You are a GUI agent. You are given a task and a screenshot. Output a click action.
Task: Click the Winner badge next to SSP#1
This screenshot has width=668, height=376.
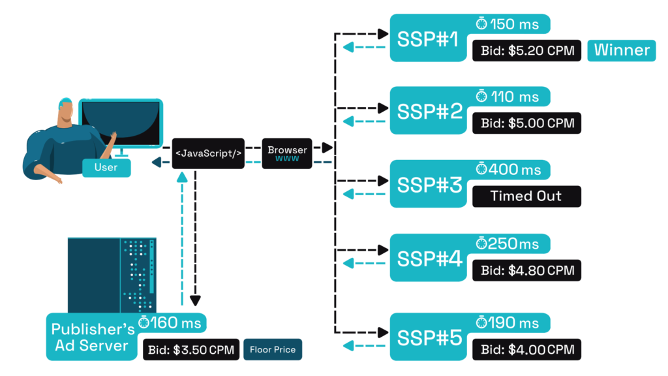coord(622,50)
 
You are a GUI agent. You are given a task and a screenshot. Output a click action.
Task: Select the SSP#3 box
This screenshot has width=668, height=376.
coord(430,185)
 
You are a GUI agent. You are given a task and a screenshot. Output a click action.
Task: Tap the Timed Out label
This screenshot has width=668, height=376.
coord(526,196)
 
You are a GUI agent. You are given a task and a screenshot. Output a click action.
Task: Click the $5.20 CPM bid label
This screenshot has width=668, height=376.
coord(527,50)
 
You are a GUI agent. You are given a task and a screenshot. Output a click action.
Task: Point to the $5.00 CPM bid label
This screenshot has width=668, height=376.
coord(527,123)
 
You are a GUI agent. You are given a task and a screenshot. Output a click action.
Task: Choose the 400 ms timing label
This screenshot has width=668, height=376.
coord(509,170)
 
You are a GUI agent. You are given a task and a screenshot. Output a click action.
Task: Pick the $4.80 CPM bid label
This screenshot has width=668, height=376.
coord(527,270)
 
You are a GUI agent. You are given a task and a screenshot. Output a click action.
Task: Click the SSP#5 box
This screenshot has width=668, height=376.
coord(430,337)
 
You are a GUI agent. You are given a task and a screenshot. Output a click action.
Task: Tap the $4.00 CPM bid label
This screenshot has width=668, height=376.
coord(527,349)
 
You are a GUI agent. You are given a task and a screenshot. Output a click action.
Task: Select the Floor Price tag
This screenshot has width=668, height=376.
coord(273,349)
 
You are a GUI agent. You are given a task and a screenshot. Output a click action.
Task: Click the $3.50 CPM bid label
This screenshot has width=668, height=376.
coord(191,349)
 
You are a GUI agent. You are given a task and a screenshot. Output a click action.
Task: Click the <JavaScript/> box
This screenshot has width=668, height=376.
coord(208,153)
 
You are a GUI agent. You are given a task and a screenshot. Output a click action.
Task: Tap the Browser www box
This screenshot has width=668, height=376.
coord(287,154)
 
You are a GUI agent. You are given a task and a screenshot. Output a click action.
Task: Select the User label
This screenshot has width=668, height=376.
coord(106,168)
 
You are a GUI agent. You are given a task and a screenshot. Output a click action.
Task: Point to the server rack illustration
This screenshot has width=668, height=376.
coord(112,274)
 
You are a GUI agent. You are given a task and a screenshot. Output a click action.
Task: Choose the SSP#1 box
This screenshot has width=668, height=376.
coord(430,39)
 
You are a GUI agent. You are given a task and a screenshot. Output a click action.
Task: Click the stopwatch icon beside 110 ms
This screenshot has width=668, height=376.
coord(481,97)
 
